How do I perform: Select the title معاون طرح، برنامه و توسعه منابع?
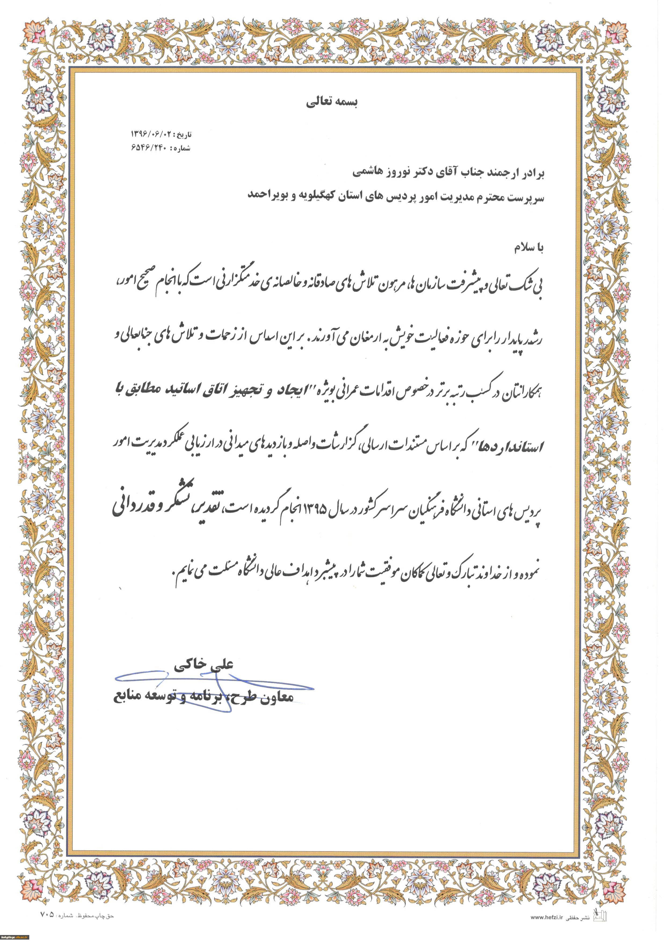pyautogui.click(x=203, y=696)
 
